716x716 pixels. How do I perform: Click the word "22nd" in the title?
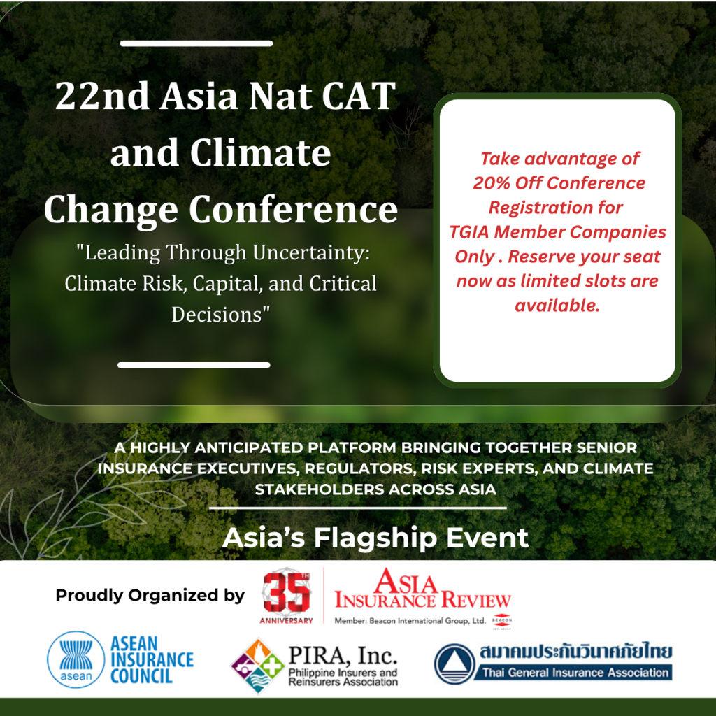[102, 96]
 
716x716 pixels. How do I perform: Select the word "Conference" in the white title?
[293, 210]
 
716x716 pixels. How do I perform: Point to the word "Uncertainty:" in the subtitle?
[311, 252]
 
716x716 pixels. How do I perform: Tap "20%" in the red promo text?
[492, 183]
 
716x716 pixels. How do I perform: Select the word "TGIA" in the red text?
[469, 232]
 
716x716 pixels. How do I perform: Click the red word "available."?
[557, 306]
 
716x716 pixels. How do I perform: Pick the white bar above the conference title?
[196, 43]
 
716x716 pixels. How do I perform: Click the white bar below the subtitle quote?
[194, 365]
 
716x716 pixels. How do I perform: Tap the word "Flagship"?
[375, 538]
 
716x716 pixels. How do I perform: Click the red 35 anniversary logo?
[286, 596]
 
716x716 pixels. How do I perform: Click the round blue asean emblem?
[76, 659]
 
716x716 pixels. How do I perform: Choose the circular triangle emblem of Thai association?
[454, 664]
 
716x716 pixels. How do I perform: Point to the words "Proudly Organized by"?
[150, 596]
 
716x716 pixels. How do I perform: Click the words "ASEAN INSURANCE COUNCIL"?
[152, 660]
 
